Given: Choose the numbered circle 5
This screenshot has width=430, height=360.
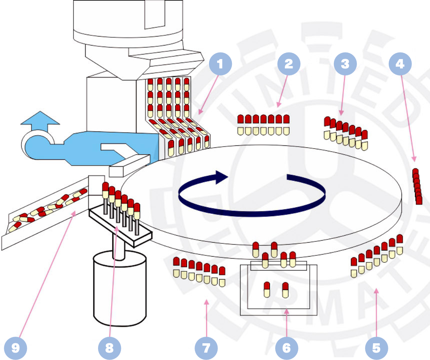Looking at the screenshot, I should pos(376,347).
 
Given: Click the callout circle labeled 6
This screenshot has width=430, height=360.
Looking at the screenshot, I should pos(286,347).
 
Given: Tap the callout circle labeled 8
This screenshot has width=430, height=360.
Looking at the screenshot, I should pos(109,347).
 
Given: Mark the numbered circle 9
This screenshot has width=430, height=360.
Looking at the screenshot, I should pos(16,347).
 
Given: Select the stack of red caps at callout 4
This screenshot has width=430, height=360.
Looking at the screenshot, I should pos(417,187).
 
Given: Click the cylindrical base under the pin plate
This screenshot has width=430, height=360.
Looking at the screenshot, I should pos(119,288).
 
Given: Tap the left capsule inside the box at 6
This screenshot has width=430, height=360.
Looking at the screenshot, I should pos(267,290).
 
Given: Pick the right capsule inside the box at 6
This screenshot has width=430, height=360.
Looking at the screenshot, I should pos(285,290).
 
